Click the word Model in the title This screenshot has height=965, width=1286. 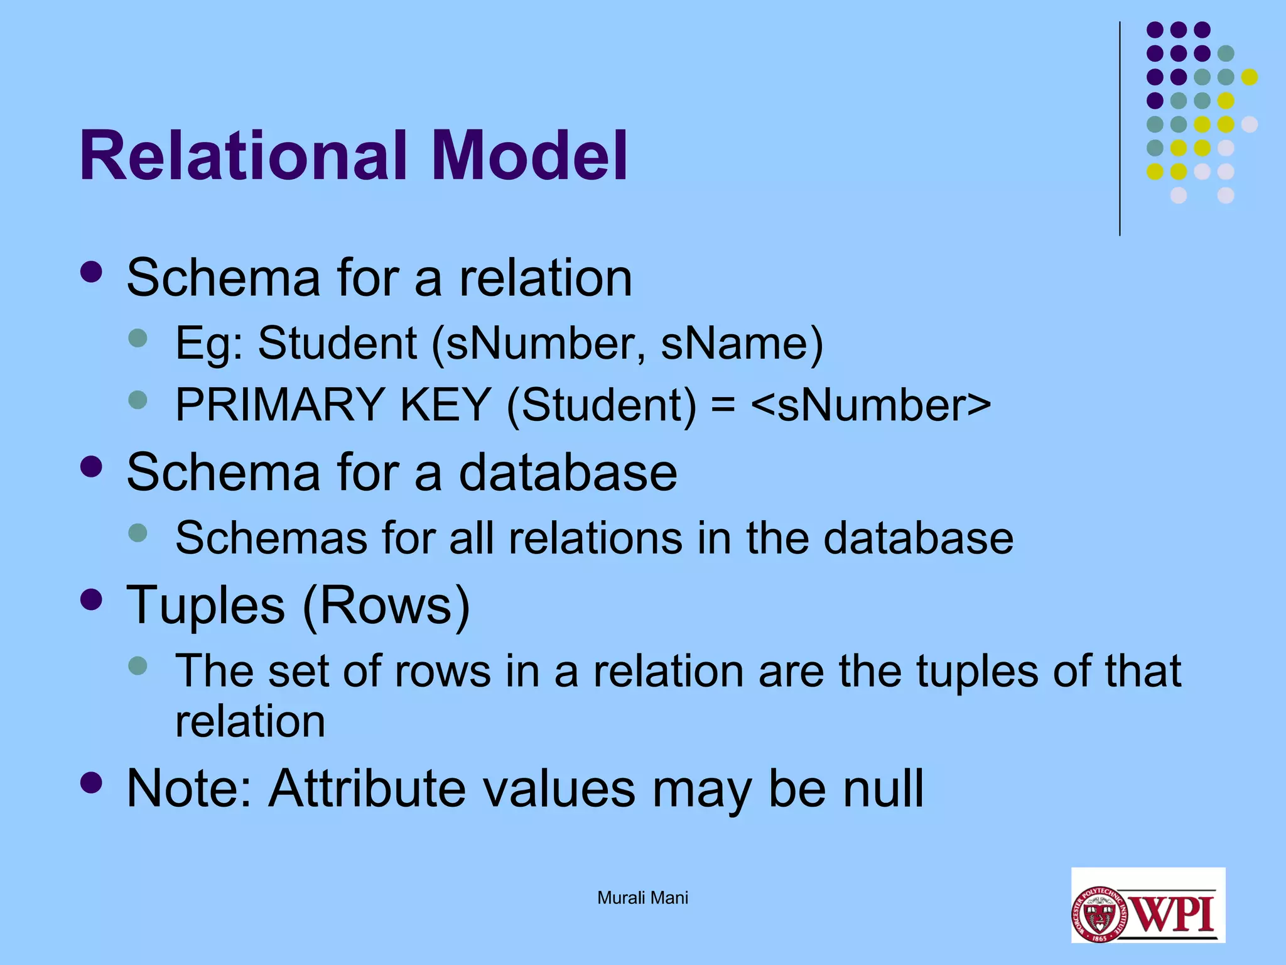click(x=529, y=156)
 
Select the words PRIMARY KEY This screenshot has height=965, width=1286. click(x=333, y=404)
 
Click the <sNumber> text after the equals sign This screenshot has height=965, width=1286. click(x=870, y=404)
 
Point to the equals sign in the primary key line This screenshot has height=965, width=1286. click(x=723, y=405)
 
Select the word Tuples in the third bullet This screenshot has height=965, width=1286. click(x=206, y=605)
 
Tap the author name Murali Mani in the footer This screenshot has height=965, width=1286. click(x=642, y=898)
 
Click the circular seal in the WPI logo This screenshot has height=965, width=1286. click(x=1100, y=914)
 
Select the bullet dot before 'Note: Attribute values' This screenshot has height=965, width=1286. click(x=92, y=783)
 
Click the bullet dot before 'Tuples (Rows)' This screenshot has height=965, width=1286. click(x=92, y=599)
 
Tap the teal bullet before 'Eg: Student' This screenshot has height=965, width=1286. click(x=138, y=338)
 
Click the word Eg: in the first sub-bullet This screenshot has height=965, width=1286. click(x=209, y=344)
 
